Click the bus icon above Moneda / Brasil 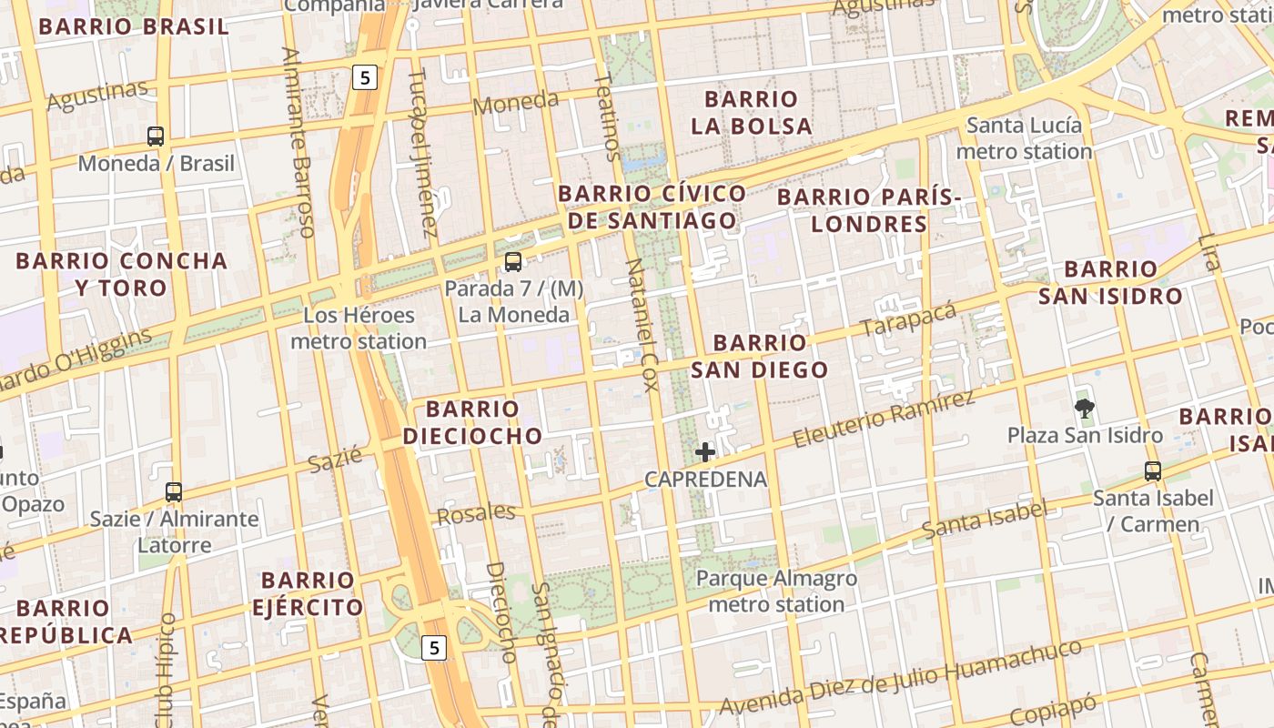coord(156,136)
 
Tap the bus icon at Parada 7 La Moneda coord(513,262)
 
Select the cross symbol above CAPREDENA coord(705,451)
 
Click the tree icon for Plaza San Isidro coord(1084,408)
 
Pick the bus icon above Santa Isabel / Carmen coord(1153,470)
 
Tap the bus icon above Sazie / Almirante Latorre coord(174,492)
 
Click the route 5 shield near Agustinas coord(365,77)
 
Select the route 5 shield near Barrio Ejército coord(435,647)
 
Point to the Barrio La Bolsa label coord(751,112)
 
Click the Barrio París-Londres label coord(869,210)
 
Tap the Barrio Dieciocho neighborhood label coord(473,422)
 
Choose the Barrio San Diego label coord(760,356)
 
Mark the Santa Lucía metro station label coord(1024,138)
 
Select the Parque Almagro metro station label coord(776,591)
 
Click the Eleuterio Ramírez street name coord(884,419)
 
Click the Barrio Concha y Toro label coord(121,274)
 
